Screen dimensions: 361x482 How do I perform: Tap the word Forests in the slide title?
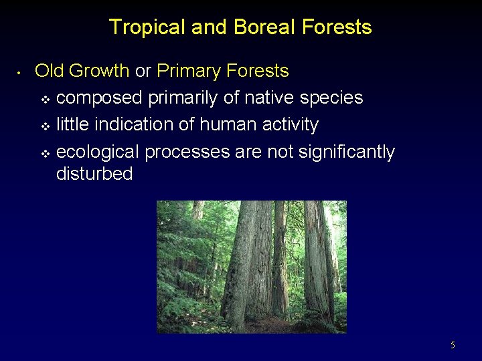pos(337,27)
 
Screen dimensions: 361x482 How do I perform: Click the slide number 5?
pos(453,346)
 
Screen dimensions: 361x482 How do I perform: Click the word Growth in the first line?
pos(98,71)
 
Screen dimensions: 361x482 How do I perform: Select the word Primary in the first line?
pos(189,71)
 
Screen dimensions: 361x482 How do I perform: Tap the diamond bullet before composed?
pos(45,99)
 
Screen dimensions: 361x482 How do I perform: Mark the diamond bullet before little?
pos(45,126)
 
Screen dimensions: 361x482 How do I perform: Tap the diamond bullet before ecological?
pos(45,153)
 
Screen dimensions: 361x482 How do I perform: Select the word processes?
pos(187,152)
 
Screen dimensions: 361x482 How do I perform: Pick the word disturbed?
pos(94,174)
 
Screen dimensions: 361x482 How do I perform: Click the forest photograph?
pos(251,267)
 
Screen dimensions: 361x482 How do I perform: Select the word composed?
pos(99,98)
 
